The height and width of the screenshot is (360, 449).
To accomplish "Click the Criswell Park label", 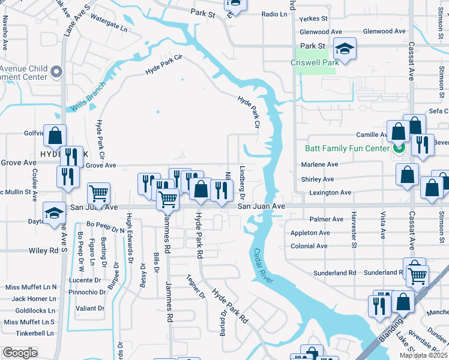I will [x=313, y=62].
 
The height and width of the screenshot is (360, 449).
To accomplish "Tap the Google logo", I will [x=20, y=353].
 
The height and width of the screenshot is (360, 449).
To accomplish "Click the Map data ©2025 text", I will [x=423, y=355].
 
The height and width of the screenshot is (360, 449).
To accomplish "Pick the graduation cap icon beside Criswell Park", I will [x=345, y=48].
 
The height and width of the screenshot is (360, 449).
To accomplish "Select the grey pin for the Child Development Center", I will [x=56, y=72].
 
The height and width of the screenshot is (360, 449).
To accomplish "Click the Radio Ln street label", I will [x=274, y=14].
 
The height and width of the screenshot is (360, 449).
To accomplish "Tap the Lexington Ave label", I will [x=330, y=193].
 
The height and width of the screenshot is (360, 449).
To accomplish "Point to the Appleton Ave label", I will [x=310, y=233].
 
